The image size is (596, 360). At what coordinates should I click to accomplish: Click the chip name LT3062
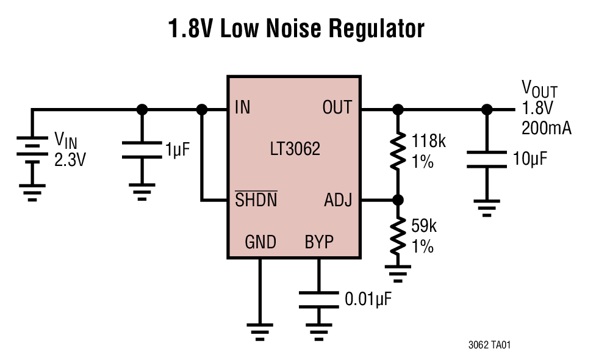[295, 149]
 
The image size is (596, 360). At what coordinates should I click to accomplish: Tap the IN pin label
[242, 108]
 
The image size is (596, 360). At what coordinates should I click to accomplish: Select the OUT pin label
[337, 108]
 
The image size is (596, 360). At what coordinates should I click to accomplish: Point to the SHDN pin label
[256, 200]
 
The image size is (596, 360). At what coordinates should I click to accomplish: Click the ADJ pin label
[338, 200]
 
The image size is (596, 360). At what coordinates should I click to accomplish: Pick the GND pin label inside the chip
[260, 242]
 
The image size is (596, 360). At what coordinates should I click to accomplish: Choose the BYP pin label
[319, 242]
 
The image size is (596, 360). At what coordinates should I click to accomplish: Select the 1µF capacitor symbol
[142, 150]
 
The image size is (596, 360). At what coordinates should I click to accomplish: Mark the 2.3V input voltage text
[70, 160]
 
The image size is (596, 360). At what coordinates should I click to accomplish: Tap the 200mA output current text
[546, 129]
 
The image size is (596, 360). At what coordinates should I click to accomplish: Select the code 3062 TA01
[489, 345]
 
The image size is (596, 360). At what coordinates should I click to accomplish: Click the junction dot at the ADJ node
[398, 200]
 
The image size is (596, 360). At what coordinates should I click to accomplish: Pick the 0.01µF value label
[368, 300]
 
